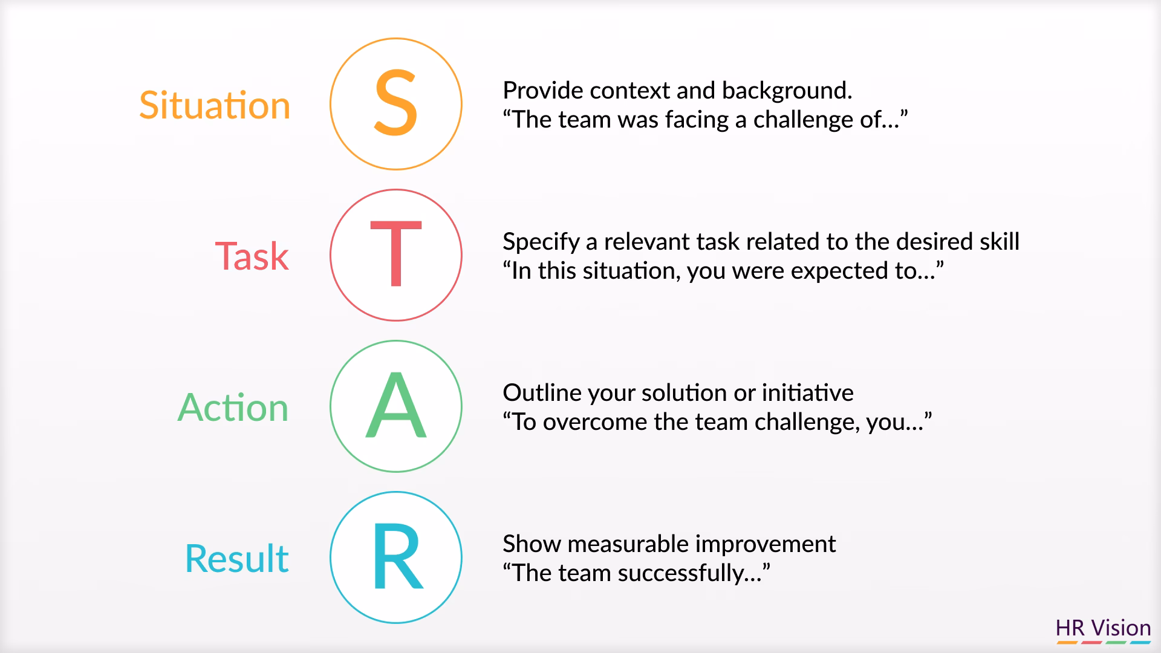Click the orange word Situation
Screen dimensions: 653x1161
click(x=215, y=105)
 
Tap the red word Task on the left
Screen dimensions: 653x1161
click(x=252, y=256)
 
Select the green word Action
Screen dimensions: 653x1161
click(x=233, y=408)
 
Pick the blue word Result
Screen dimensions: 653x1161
click(x=236, y=559)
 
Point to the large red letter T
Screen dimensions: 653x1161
click(x=396, y=255)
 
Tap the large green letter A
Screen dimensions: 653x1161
click(x=396, y=406)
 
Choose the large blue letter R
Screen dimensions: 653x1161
click(x=396, y=557)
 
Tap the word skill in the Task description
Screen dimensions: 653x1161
click(x=999, y=242)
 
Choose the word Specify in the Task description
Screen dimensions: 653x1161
click(x=541, y=242)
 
